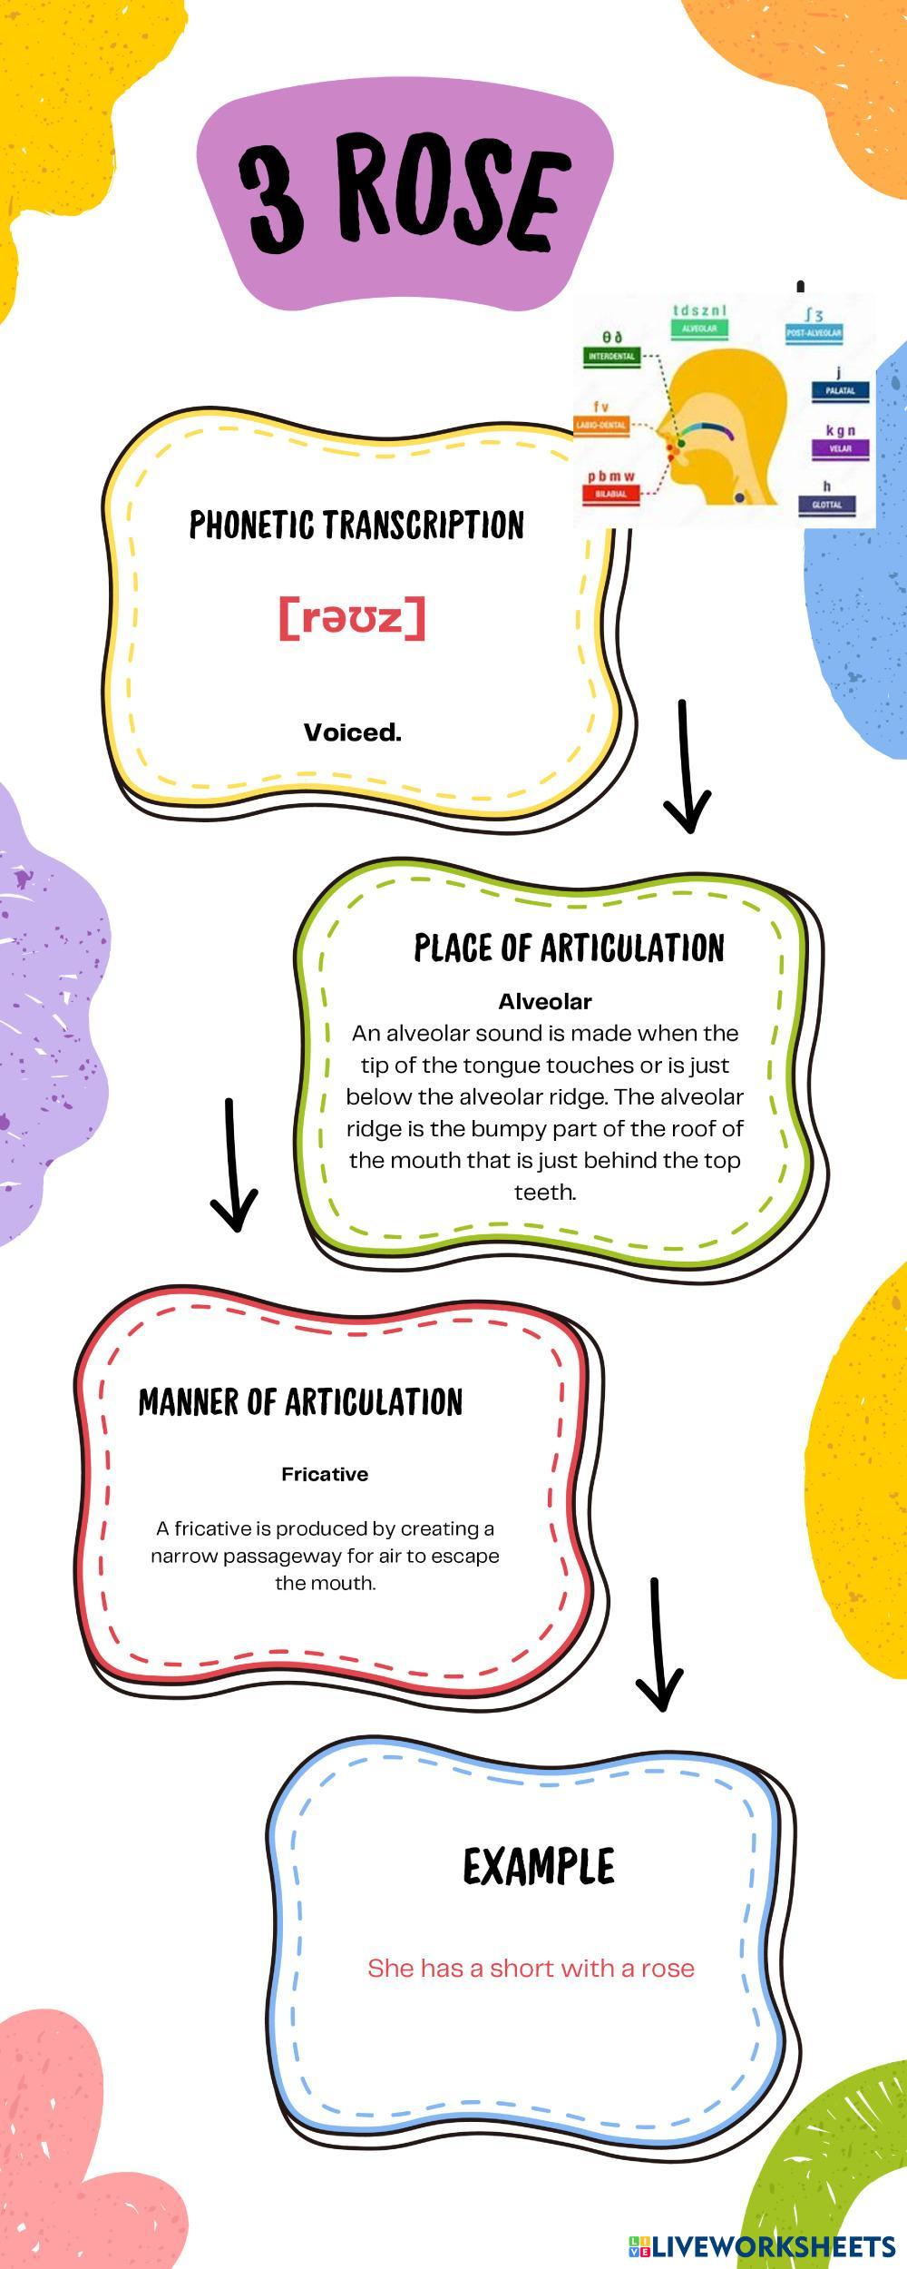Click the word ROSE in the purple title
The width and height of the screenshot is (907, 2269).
(451, 198)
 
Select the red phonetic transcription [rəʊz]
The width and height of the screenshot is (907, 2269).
(352, 617)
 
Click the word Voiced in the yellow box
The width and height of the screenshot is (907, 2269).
(352, 732)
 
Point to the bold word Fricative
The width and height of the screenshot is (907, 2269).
(325, 1474)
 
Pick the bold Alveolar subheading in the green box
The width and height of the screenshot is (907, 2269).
(544, 1001)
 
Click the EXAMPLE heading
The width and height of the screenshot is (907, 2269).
(539, 1868)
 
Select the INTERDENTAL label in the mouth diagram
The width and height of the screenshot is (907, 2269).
(611, 357)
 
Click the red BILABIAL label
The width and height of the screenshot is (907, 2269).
(611, 495)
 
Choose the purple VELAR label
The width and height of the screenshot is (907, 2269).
(840, 448)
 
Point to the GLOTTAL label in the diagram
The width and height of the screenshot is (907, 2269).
(826, 505)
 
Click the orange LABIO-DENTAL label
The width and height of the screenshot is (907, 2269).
(601, 425)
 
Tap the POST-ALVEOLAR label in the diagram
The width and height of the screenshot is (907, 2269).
(814, 333)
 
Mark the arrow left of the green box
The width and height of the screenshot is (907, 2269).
(233, 1166)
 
